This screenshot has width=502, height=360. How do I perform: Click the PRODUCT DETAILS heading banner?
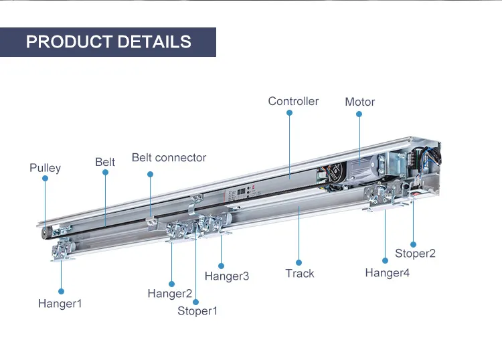tap(108, 41)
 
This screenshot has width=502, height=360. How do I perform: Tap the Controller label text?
tap(293, 101)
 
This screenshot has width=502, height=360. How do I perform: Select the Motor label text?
tap(359, 102)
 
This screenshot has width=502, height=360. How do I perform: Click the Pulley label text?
tap(45, 167)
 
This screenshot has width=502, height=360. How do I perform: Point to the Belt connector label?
tap(169, 157)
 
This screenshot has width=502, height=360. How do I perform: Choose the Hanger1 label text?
tap(60, 303)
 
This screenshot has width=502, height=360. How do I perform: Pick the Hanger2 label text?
tap(170, 293)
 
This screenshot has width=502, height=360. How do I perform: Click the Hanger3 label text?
tap(226, 276)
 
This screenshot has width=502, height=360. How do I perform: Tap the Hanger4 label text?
tap(387, 272)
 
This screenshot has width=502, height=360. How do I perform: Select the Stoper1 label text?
tap(197, 310)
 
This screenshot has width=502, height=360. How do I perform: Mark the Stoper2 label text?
tap(415, 253)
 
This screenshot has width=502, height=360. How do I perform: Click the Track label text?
tap(299, 273)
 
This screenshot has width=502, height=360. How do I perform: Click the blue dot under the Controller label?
tap(289, 113)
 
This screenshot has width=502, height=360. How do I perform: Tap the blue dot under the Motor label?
tap(359, 114)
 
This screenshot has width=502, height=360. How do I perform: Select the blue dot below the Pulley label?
tap(45, 179)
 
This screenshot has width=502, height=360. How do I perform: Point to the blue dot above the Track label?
tap(299, 262)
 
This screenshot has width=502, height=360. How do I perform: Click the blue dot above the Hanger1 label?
tap(60, 291)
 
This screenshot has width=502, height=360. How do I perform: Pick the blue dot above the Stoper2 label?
tap(413, 244)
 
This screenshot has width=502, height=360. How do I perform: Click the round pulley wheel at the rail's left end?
tap(46, 231)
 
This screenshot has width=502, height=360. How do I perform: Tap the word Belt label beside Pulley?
tap(105, 162)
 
